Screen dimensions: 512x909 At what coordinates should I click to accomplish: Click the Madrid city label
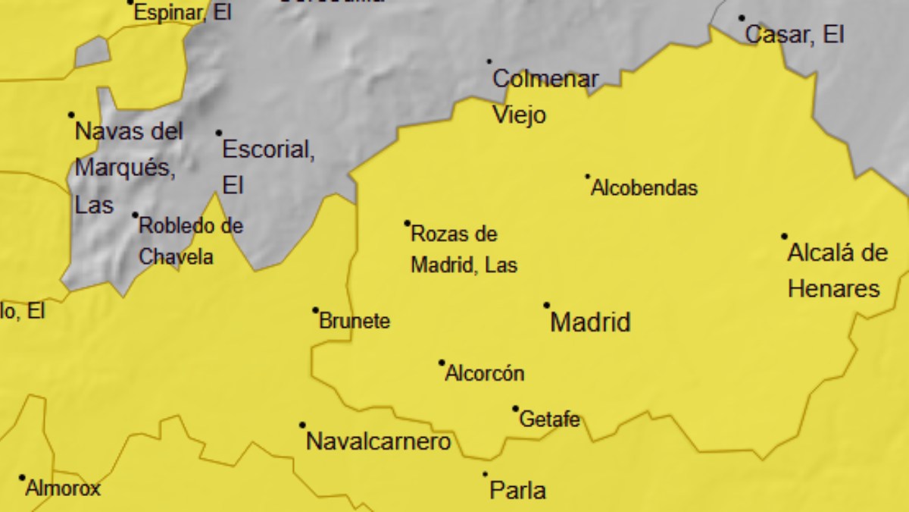590,322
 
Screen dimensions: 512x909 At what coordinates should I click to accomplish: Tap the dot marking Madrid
546,306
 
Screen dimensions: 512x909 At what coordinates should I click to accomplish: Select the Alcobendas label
644,188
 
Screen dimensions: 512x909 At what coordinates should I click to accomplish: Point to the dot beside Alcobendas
587,177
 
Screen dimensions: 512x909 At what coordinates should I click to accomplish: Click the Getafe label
550,419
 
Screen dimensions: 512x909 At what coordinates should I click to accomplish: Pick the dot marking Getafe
515,409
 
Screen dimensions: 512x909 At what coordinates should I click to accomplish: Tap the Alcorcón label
485,373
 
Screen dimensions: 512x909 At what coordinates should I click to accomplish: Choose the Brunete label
355,321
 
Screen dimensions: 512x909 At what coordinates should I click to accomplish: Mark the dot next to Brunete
316,309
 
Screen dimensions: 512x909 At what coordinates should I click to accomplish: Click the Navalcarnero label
378,441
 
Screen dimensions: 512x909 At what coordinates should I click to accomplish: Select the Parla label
518,490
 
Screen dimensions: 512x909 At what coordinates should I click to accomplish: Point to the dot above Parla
486,474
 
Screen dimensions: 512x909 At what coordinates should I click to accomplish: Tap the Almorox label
63,488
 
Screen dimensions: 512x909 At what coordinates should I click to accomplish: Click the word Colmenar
545,79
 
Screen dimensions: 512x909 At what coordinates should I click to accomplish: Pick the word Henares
834,289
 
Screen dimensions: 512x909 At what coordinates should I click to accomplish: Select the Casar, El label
795,34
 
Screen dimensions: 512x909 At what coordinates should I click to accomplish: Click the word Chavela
176,257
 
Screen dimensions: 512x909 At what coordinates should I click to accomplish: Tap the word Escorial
267,149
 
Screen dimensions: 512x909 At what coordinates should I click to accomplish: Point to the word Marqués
125,168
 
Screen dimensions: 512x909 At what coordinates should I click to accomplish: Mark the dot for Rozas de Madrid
408,223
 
